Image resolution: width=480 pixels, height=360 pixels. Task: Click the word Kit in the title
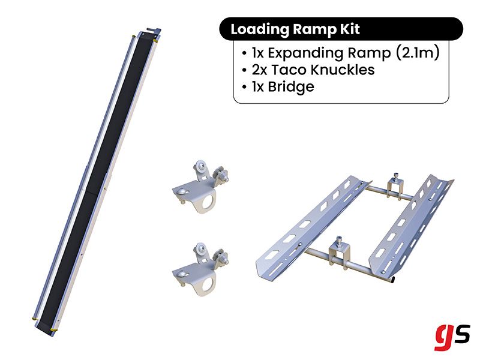click(347, 29)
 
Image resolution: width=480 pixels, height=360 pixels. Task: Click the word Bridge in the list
click(292, 86)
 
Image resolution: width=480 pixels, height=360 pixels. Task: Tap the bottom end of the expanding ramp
click(48, 327)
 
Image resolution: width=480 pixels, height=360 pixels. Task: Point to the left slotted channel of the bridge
click(306, 228)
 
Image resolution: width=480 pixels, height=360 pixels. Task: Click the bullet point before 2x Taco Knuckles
click(244, 70)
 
